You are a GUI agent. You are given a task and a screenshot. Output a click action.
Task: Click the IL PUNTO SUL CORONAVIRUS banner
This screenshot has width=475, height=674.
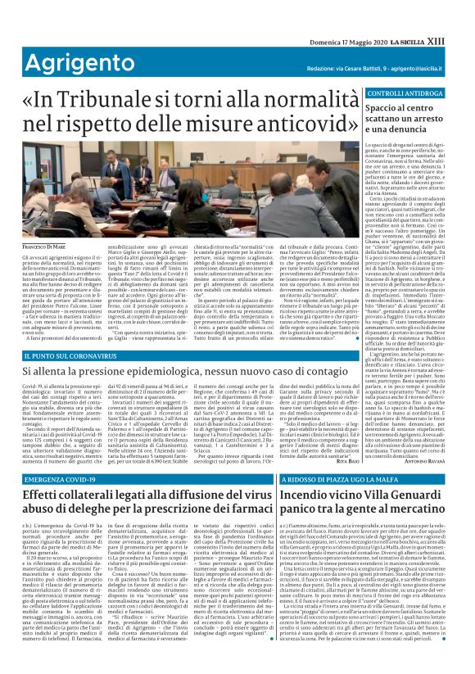click(x=78, y=356)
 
